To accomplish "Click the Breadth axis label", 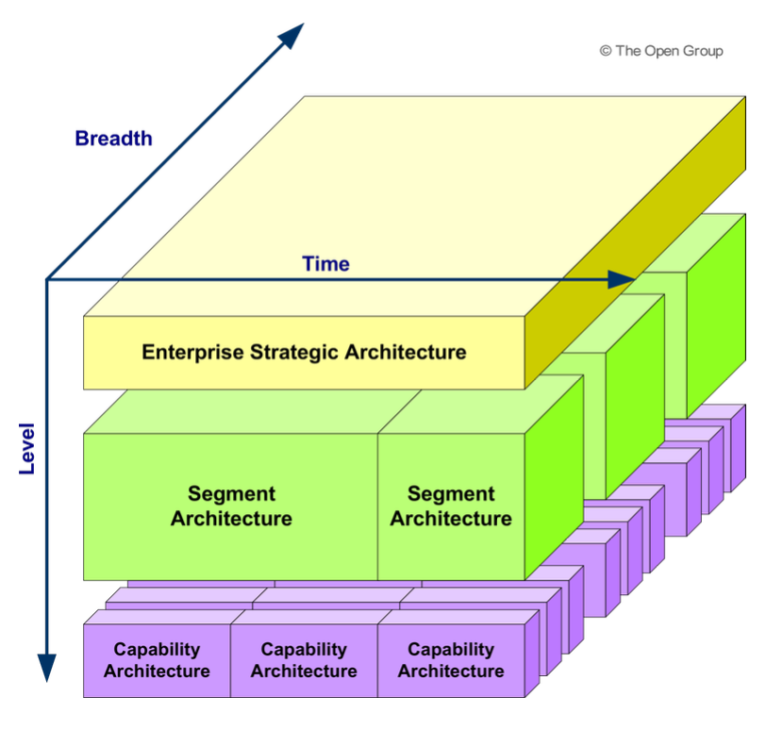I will [113, 139].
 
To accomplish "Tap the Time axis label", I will [325, 264].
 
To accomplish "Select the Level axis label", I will [25, 447].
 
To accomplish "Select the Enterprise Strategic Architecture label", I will [304, 353].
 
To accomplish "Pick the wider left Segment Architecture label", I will [231, 506].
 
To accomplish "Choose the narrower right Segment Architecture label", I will [451, 506].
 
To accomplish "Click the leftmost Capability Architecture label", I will [157, 660].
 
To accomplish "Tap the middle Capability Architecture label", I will [304, 660].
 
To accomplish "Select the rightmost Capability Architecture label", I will [451, 660].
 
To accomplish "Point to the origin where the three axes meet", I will [46, 279].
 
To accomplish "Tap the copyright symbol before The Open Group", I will [605, 51].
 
